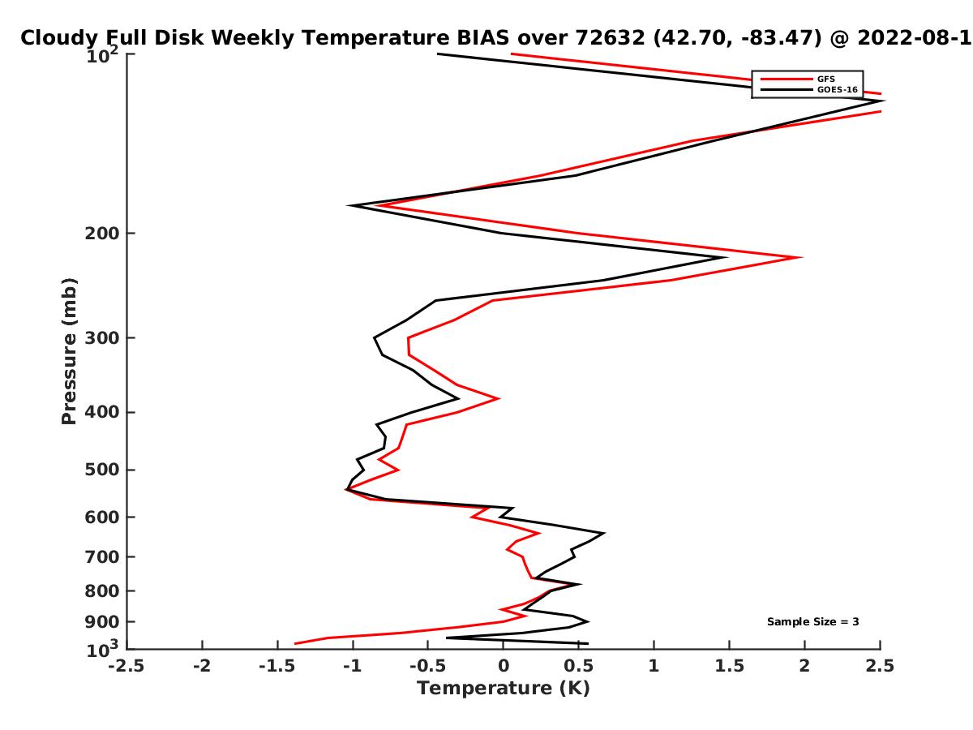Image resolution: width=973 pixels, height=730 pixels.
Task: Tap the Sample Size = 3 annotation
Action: point(812,621)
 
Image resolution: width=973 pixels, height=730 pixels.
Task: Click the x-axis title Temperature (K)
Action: point(504,689)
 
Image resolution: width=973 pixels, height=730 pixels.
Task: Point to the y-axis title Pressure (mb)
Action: point(69,351)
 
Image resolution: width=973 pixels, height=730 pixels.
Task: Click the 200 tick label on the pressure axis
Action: point(102,233)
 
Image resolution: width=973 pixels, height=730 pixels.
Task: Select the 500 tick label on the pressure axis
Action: point(102,470)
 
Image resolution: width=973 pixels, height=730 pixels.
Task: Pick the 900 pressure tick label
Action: point(102,622)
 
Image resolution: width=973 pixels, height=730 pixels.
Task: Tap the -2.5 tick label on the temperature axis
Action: point(126,666)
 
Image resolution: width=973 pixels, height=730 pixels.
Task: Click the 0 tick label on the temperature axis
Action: point(504,666)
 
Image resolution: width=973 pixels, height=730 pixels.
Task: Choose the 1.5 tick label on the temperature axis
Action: point(729,666)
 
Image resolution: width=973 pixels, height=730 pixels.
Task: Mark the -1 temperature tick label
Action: point(353,666)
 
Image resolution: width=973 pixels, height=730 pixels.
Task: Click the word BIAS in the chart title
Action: point(482,38)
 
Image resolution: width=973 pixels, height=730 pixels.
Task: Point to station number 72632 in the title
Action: point(610,38)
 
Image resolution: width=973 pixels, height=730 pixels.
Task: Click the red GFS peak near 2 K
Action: point(801,257)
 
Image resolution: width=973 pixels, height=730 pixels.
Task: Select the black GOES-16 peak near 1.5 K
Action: point(726,257)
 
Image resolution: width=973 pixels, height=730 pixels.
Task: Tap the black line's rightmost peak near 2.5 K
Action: point(882,101)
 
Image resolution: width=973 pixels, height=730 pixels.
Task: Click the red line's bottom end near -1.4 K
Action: point(295,643)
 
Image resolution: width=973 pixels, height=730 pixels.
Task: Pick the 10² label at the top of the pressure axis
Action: point(102,55)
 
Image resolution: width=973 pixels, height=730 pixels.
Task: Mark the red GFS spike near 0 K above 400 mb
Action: point(499,398)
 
